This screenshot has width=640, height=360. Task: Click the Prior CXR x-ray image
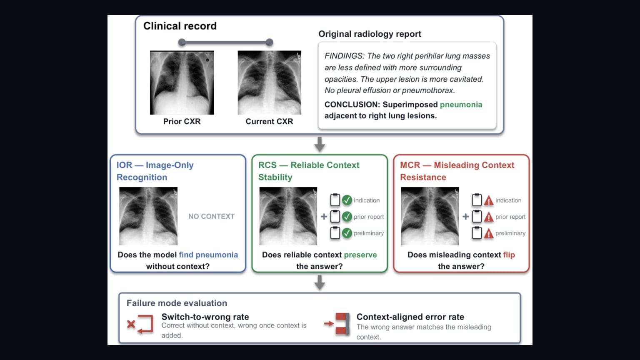coord(182,82)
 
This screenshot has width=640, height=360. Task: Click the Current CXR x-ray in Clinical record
coord(270,82)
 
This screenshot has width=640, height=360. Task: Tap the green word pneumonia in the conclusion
coord(461,105)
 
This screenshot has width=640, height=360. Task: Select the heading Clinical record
coord(180,26)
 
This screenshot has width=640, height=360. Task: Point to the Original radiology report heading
coord(370,34)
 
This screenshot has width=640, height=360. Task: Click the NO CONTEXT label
coord(211,216)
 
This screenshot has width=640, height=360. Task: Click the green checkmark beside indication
coord(347,200)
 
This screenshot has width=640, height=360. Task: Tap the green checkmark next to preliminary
coord(347,233)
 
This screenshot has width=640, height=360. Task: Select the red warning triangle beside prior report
coord(489,217)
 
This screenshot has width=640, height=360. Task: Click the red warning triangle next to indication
coord(489,200)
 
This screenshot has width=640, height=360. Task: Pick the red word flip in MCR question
coord(509,255)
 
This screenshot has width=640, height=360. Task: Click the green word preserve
coord(360,255)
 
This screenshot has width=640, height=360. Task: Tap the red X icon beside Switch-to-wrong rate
coord(131,324)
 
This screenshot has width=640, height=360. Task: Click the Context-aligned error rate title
coord(410,317)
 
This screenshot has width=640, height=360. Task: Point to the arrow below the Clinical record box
coord(320,144)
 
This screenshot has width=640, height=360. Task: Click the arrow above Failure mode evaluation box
coord(320,282)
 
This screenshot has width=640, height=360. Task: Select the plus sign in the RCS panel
coord(324,217)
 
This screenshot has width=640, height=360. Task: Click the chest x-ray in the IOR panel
coord(148,216)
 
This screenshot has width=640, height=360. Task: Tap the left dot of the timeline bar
coord(182,42)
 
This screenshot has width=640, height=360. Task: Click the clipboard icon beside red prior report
coord(477,216)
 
